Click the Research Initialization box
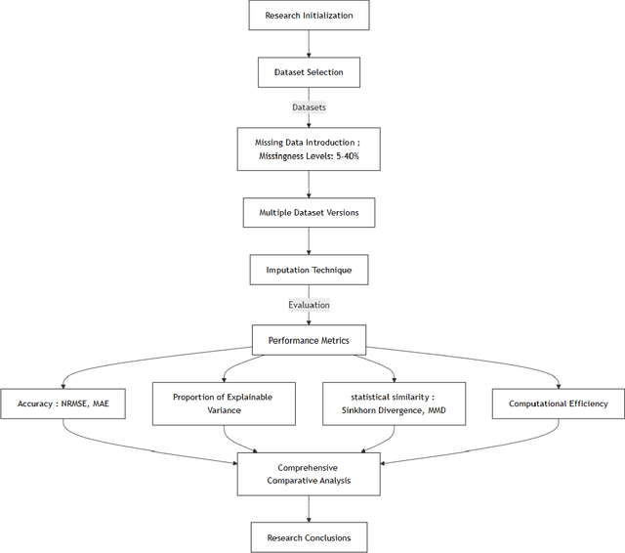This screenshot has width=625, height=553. [x=309, y=16]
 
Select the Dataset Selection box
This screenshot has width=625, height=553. [x=309, y=71]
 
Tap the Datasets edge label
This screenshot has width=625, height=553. [x=309, y=107]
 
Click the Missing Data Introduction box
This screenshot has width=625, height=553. [x=309, y=149]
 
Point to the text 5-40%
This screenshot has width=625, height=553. [x=351, y=156]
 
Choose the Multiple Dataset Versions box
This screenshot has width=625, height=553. [x=309, y=212]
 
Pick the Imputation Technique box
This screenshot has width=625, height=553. [x=309, y=269]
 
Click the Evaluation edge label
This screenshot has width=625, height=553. [x=309, y=305]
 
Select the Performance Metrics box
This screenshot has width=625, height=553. [x=309, y=341]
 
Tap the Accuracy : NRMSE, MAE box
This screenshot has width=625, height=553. [x=63, y=404]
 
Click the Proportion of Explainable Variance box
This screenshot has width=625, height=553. [x=223, y=404]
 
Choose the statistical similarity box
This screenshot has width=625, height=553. [x=394, y=404]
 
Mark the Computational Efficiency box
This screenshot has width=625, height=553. [x=558, y=404]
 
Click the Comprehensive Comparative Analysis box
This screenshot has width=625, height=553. [x=309, y=474]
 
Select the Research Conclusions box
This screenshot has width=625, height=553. [x=309, y=537]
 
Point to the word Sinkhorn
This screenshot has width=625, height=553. [x=361, y=411]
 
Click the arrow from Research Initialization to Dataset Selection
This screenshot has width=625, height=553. [x=309, y=43]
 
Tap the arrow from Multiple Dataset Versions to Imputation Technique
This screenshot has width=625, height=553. [x=309, y=240]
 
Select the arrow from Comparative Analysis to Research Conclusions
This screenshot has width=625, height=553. [x=309, y=508]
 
